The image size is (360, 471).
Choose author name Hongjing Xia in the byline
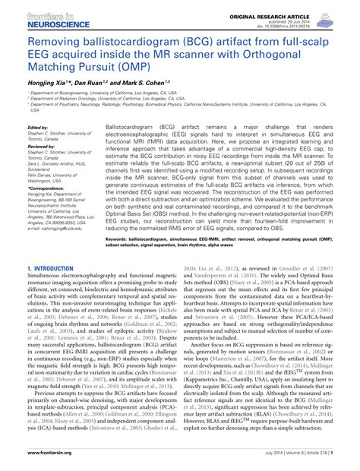coord(47,81)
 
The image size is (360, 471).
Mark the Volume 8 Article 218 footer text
coord(300,462)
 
